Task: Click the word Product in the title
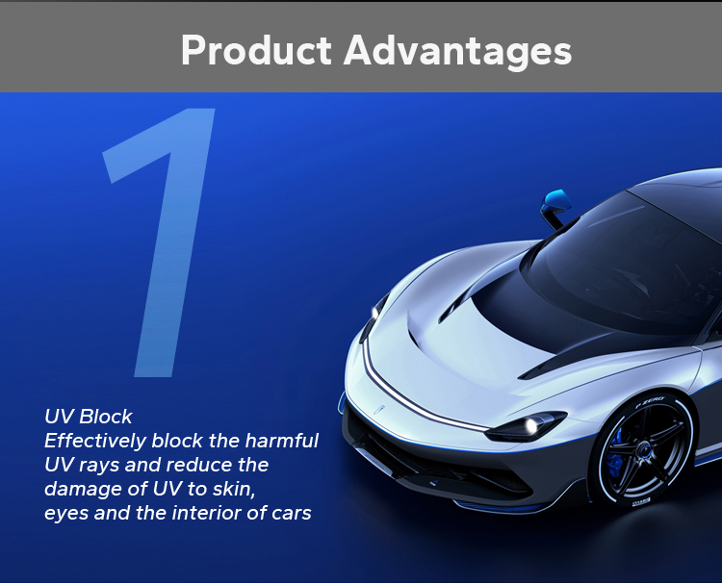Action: [256, 50]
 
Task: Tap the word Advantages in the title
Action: [457, 52]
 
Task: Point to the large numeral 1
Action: [159, 242]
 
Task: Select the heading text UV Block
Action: [89, 417]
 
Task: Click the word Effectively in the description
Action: [95, 441]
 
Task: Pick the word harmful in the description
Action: [281, 441]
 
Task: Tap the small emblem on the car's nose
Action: [379, 410]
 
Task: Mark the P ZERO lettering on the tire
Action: [650, 401]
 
